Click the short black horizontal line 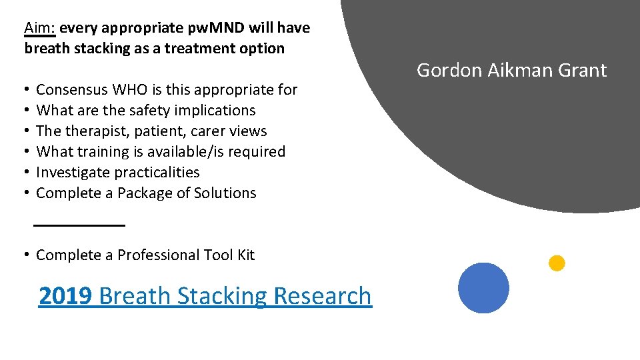[x=79, y=226]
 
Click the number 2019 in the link [x=65, y=295]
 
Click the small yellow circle [x=557, y=263]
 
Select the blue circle [x=483, y=288]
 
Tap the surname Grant [x=585, y=70]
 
